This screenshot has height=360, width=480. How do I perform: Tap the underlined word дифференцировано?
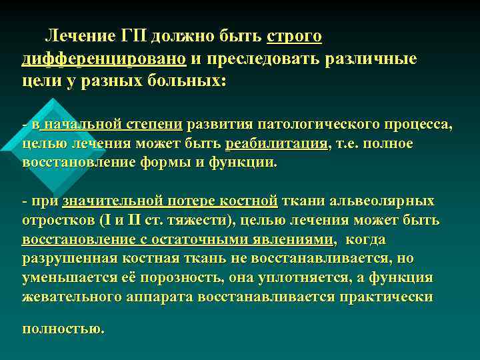click(104, 59)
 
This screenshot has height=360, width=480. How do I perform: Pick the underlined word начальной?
click(83, 123)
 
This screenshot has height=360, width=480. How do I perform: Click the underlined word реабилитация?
click(277, 143)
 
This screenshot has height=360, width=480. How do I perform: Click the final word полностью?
click(63, 328)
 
